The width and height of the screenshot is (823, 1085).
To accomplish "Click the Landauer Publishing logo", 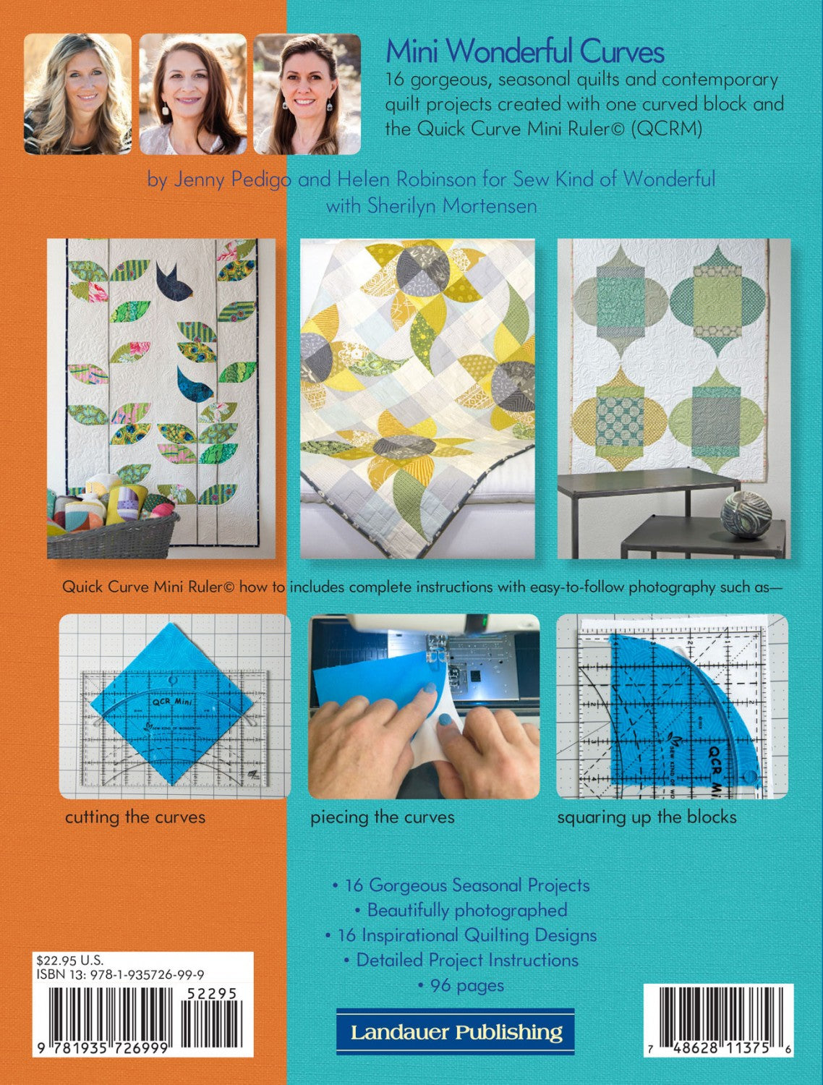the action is [x=456, y=1031].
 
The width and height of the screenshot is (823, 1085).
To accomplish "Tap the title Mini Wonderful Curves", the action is [x=524, y=51].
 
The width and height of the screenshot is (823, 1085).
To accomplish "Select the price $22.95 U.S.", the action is [x=69, y=960].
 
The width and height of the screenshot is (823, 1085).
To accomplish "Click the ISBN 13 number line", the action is [x=121, y=975].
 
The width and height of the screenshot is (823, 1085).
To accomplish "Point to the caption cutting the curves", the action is [x=135, y=817].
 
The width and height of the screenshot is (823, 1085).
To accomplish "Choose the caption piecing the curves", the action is [x=382, y=817].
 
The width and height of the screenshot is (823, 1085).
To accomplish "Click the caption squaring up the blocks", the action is [x=647, y=817].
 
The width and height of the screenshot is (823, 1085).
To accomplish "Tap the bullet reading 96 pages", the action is [x=461, y=986].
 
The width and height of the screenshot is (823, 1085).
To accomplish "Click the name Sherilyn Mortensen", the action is [x=451, y=205].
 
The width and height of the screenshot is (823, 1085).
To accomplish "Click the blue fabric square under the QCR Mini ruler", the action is [x=172, y=704].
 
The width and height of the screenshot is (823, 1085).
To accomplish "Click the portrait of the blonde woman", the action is [x=77, y=94].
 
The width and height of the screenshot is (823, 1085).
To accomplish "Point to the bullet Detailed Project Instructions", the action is [x=461, y=960].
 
